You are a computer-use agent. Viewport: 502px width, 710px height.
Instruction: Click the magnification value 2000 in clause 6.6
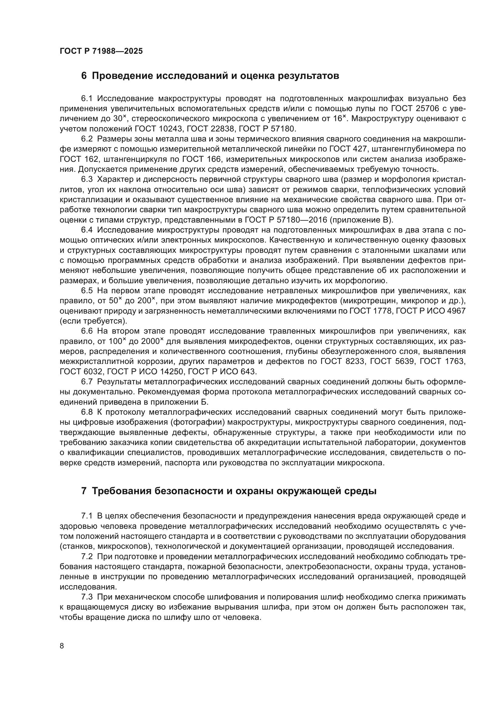click(150, 342)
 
